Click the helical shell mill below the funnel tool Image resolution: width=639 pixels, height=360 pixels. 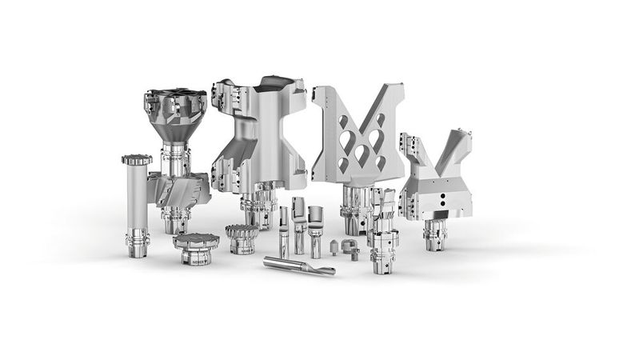182,189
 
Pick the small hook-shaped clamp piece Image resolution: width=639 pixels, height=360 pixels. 349,247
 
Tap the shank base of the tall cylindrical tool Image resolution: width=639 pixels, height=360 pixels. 136,240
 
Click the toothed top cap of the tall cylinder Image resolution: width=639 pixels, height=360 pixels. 137,159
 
